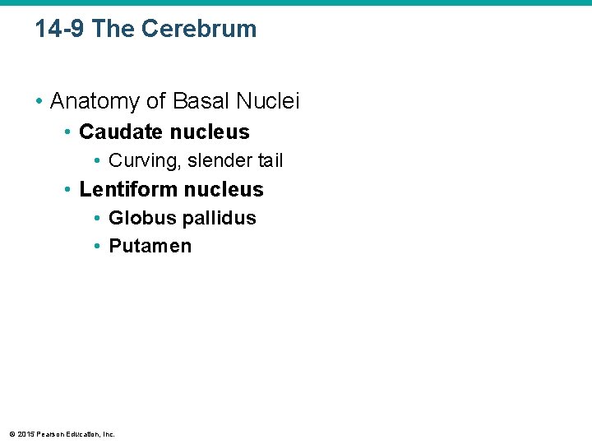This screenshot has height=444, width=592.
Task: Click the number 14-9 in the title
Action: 60,29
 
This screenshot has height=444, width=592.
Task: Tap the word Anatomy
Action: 95,101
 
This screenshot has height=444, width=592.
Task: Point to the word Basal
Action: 200,101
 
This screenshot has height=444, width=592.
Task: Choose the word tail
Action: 269,160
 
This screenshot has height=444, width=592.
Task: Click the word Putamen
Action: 150,246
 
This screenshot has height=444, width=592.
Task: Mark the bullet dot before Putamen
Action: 98,247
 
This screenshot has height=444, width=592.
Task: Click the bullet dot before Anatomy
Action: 39,102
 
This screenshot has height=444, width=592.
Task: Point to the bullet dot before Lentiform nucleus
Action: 69,190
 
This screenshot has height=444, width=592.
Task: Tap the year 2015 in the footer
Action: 25,434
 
